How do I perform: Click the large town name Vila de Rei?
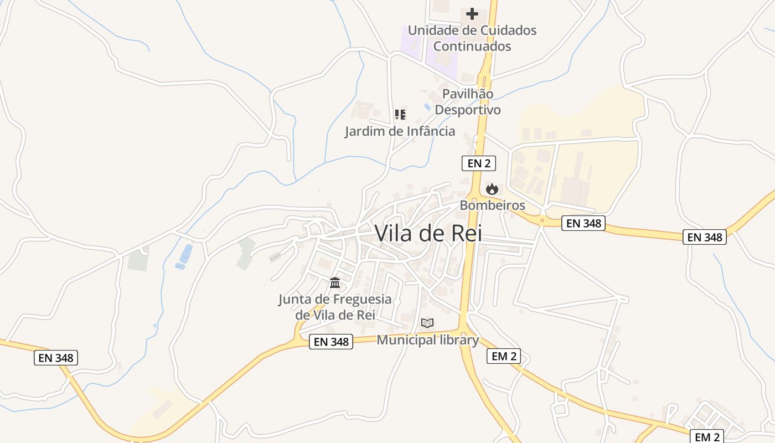[428, 233]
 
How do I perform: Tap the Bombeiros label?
[492, 205]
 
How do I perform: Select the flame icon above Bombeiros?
[492, 189]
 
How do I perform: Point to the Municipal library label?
[427, 340]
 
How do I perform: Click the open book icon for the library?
[427, 323]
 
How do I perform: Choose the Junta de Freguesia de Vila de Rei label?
[334, 307]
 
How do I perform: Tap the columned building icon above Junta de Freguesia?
[335, 284]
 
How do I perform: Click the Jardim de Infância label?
[400, 131]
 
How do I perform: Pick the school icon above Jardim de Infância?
[400, 115]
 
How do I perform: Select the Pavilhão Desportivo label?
[468, 102]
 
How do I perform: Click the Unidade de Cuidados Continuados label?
[472, 38]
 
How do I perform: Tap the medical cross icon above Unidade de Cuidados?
[472, 13]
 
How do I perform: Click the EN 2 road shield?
[478, 163]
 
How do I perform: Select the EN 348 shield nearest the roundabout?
[583, 224]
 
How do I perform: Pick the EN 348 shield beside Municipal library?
[331, 342]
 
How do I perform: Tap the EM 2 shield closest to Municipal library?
[503, 356]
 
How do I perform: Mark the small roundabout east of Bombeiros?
[542, 220]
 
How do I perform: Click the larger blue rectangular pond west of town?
[186, 254]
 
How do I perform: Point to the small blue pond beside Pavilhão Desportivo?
[427, 106]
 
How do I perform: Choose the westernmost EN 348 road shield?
[56, 358]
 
